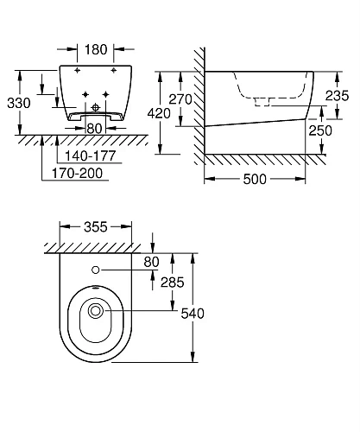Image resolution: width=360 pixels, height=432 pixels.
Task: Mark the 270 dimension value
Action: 179,98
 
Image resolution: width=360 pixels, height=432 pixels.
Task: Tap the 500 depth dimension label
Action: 255,180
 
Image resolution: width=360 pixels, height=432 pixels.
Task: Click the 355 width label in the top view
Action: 95,228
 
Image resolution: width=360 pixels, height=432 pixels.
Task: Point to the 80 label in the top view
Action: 153,261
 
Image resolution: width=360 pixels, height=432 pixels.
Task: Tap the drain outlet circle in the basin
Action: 96,310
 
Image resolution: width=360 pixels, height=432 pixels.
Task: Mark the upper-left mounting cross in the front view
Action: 78,69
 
